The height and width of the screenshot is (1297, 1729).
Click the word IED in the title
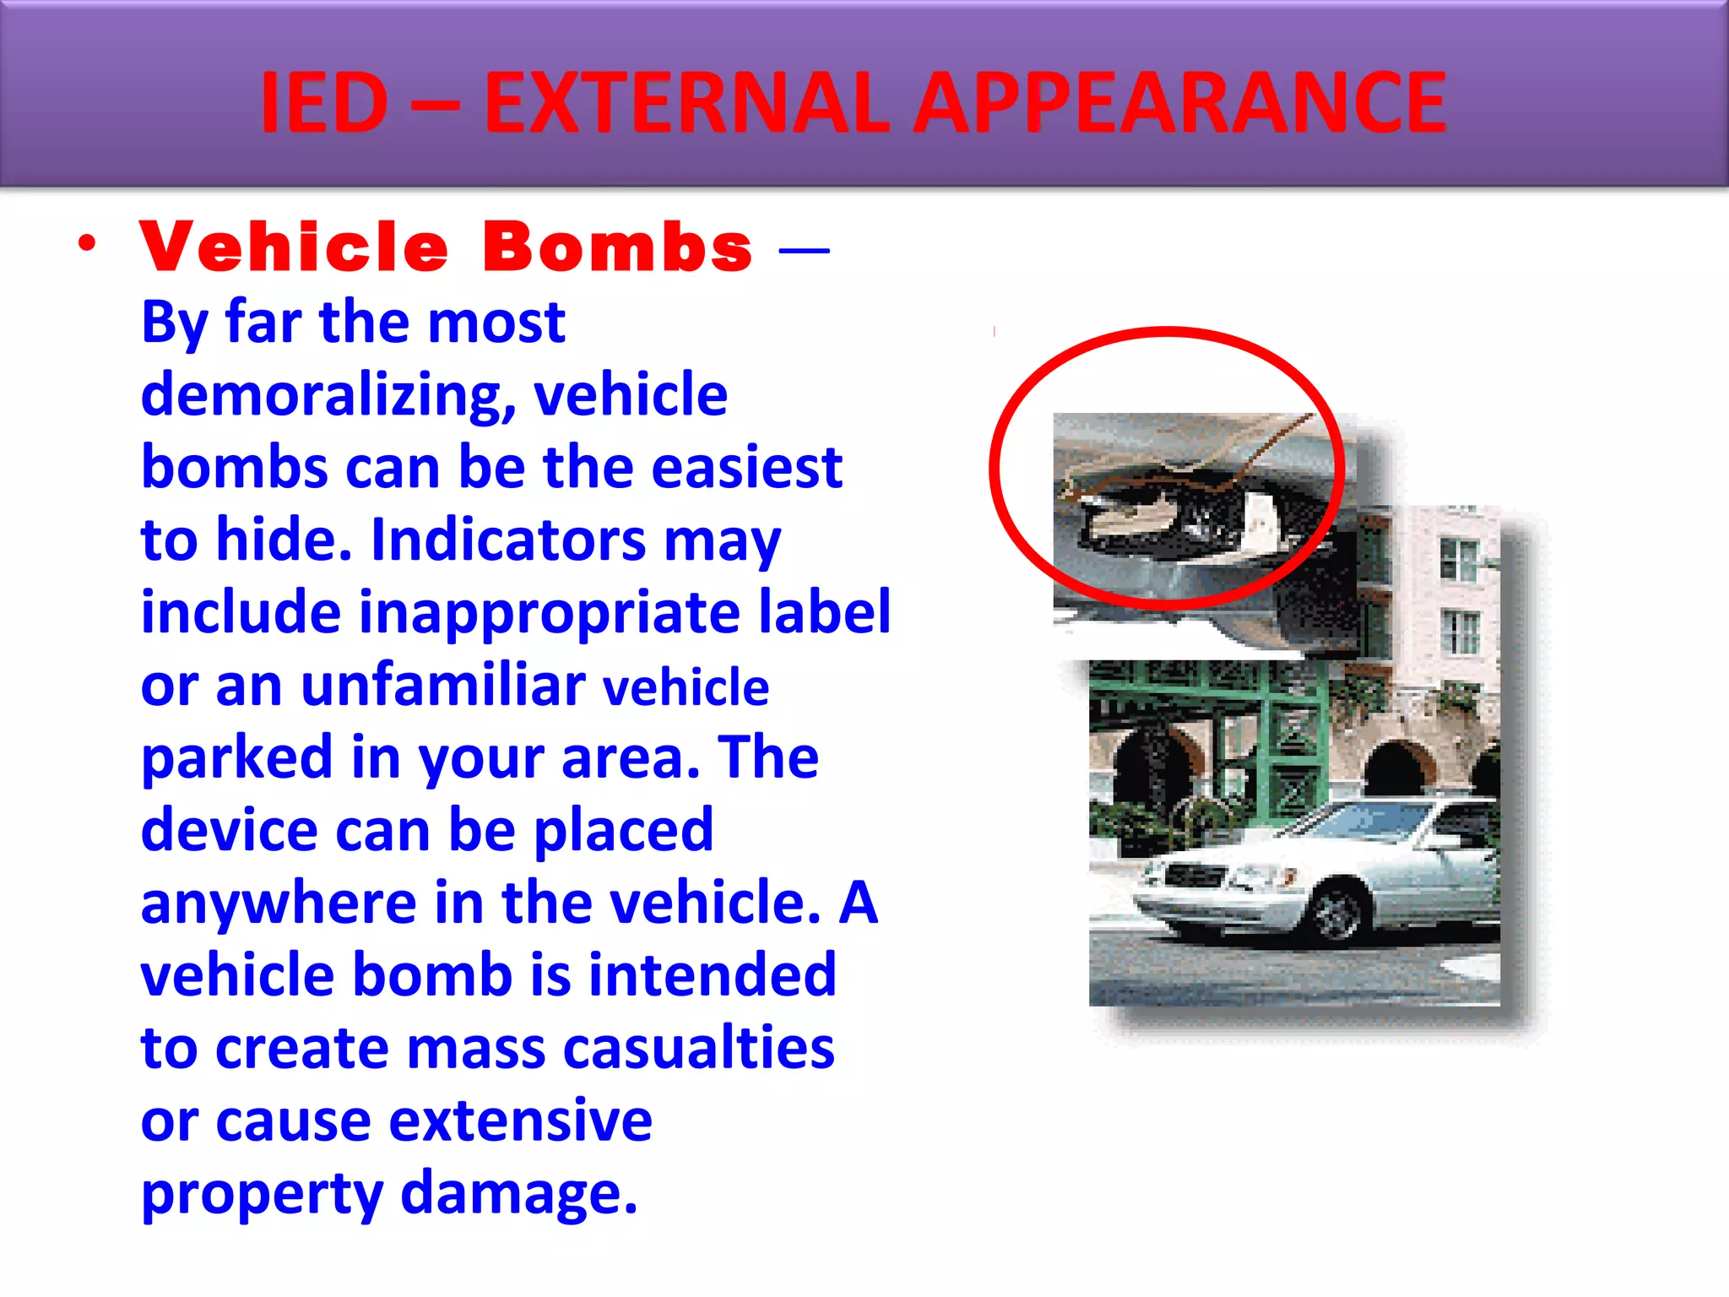(324, 103)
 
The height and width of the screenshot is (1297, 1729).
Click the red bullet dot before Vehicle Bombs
(87, 244)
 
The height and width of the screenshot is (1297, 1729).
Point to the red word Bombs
(617, 247)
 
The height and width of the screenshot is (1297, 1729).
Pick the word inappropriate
(550, 613)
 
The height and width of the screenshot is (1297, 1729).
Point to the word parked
(236, 758)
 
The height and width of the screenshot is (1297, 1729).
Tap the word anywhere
(279, 903)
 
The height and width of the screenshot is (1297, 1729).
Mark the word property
(262, 1195)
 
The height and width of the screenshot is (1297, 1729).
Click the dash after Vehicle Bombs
(804, 249)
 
